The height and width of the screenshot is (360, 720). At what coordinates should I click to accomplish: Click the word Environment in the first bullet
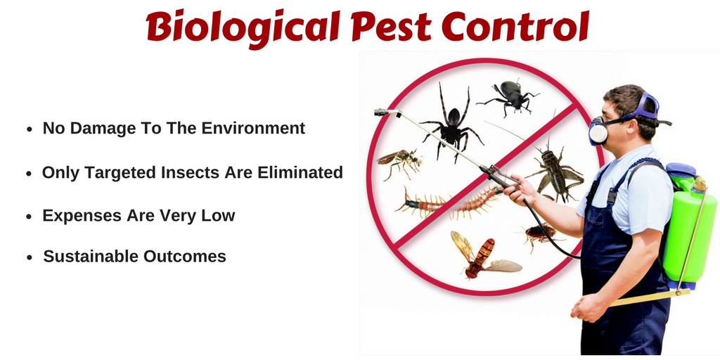(x=253, y=128)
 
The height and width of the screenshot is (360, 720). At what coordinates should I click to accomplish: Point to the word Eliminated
(x=300, y=173)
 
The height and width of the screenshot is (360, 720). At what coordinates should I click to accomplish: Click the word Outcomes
(x=185, y=256)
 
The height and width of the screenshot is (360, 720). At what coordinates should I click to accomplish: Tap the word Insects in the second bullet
(x=190, y=173)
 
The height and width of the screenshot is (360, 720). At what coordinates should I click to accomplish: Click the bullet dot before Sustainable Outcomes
(x=30, y=257)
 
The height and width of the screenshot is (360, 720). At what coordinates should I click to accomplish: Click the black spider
(x=451, y=124)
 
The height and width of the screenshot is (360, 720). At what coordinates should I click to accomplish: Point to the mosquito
(x=399, y=162)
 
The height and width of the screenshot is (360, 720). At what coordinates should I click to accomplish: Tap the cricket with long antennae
(x=553, y=172)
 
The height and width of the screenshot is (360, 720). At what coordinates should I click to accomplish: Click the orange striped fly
(x=482, y=255)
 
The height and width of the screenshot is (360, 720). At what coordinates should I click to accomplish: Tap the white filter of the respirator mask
(x=598, y=131)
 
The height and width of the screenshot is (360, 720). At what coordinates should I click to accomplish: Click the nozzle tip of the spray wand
(x=378, y=112)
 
